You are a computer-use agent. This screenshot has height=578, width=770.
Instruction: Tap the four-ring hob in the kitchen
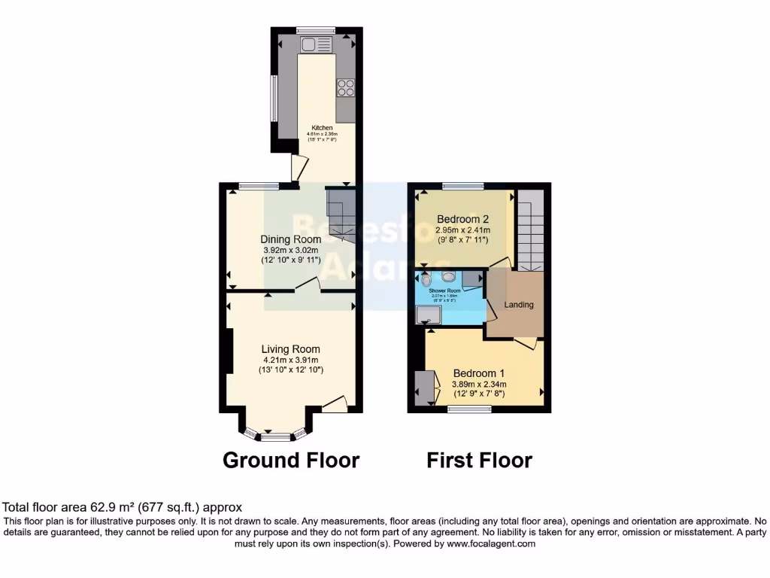click(346, 87)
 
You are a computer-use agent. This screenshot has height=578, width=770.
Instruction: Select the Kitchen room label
click(322, 128)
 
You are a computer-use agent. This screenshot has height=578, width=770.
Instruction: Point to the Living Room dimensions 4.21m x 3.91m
click(290, 360)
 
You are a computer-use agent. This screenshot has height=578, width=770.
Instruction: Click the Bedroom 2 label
click(463, 219)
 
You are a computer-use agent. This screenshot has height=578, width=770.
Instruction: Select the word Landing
click(519, 305)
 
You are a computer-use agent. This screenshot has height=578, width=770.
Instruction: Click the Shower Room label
click(444, 291)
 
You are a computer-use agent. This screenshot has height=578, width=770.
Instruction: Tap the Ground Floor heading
click(291, 460)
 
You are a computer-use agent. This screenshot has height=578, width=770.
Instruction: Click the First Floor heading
click(480, 460)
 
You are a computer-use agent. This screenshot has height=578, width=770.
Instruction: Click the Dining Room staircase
click(340, 214)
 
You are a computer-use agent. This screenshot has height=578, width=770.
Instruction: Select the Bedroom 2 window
click(462, 185)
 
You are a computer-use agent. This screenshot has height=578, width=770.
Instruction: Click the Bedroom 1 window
click(469, 409)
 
